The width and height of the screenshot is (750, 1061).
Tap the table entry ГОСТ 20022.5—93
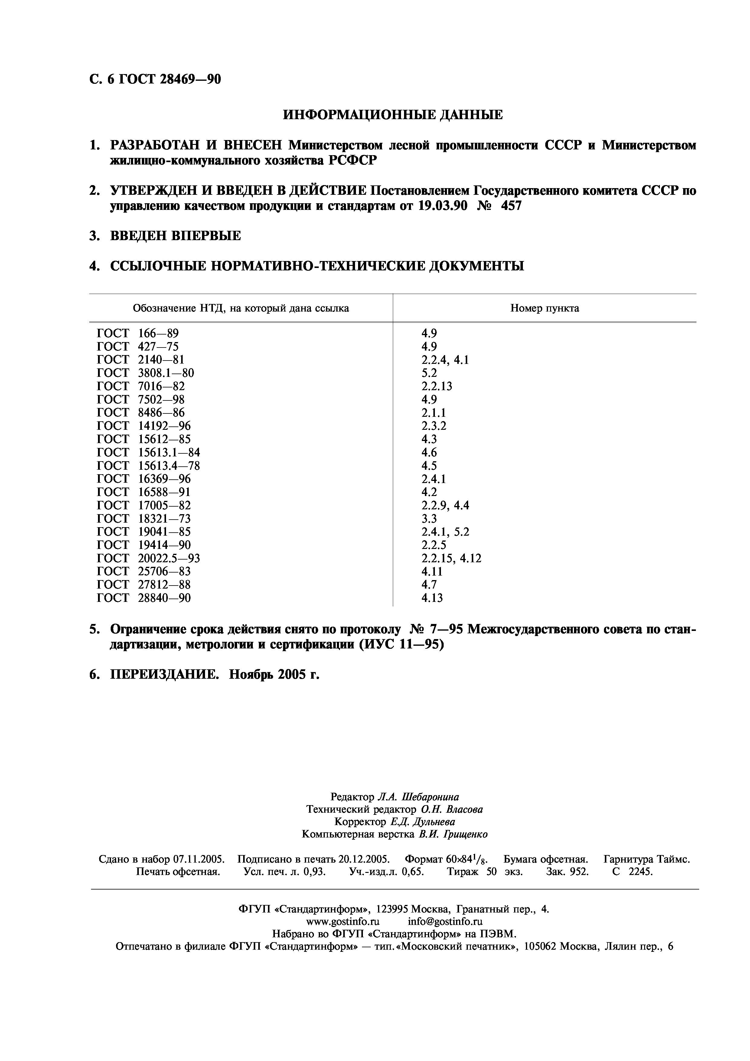pos(148,558)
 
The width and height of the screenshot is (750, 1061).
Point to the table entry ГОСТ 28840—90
pos(144,598)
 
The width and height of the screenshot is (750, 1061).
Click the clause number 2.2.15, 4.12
pos(451,558)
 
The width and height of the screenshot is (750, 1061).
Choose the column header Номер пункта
pos(544,308)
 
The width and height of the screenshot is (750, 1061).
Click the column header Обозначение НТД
pos(240,308)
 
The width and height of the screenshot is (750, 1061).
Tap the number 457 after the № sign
pos(511,206)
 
